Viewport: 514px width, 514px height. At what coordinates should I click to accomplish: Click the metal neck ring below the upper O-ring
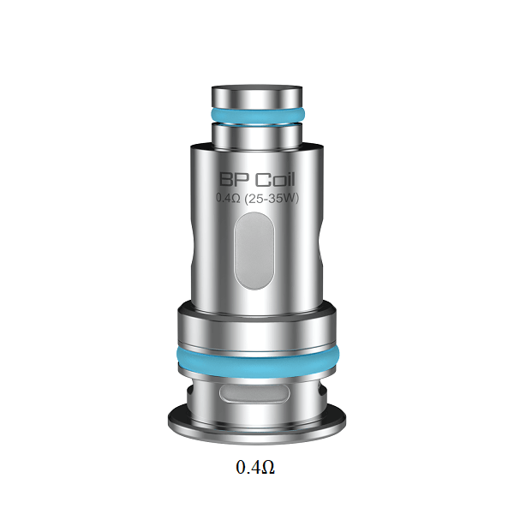pyautogui.click(x=256, y=134)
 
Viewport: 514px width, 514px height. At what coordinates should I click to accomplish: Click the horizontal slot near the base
pyautogui.click(x=256, y=394)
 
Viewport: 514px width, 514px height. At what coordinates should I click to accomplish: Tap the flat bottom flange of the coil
pyautogui.click(x=256, y=420)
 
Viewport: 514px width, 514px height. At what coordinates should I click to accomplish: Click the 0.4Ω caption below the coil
pyautogui.click(x=255, y=468)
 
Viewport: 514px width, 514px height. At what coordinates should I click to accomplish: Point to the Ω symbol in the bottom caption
pyautogui.click(x=267, y=468)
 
